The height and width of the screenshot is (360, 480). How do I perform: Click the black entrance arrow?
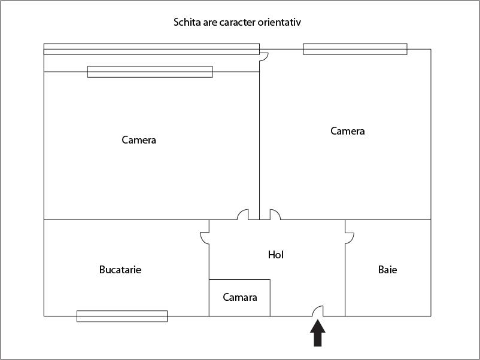(318, 333)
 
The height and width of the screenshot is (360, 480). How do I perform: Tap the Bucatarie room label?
(120, 270)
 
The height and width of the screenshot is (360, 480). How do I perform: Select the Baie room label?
(388, 270)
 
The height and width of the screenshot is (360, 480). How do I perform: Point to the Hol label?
(276, 255)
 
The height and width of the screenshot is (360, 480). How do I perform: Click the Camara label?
(240, 297)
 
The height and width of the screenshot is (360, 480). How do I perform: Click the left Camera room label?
(139, 140)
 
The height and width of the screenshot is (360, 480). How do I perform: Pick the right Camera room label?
(348, 131)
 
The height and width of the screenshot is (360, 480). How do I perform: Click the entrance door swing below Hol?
(318, 311)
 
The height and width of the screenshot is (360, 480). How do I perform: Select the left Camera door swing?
(243, 215)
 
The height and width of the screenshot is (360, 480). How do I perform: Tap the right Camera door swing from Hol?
(275, 215)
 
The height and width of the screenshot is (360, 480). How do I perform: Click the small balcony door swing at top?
(264, 57)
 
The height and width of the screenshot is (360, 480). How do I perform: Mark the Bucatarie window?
(122, 316)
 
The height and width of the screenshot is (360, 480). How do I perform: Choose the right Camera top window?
(355, 49)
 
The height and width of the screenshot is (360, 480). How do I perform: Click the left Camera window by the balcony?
(150, 72)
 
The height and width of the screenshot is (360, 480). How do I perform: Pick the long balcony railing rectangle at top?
(151, 49)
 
